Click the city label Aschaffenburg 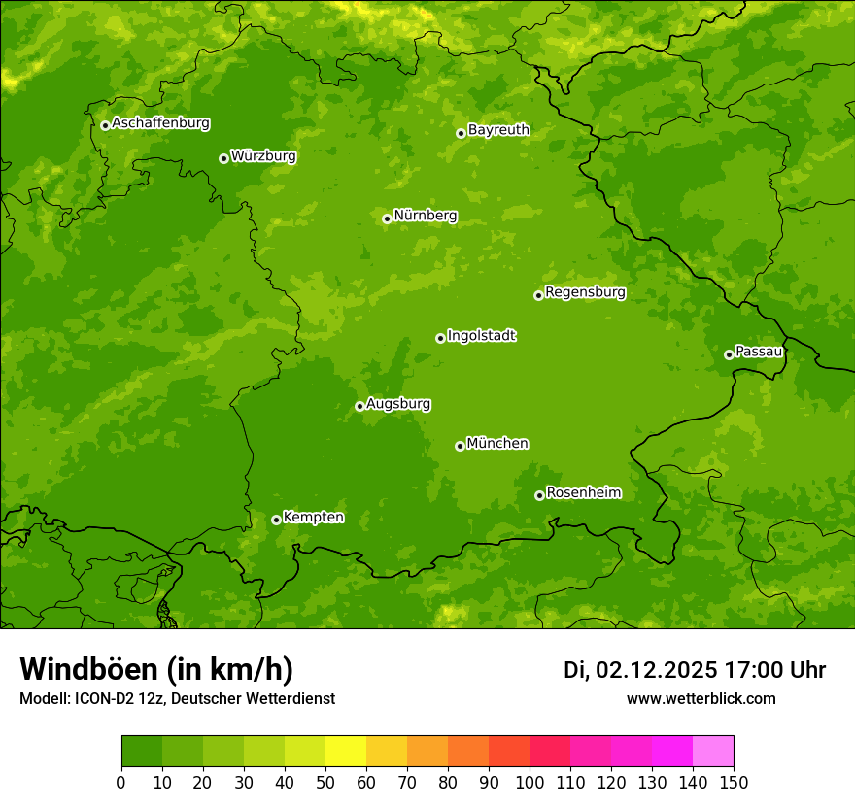[160, 123]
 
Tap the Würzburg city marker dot [223, 158]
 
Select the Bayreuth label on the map [498, 130]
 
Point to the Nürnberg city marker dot [387, 218]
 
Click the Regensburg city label [585, 292]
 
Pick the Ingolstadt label [481, 336]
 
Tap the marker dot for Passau [729, 354]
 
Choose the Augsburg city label [398, 404]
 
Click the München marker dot [460, 446]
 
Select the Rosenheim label [583, 493]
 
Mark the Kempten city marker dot [276, 520]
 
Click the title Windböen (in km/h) [156, 669]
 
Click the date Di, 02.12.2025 [640, 670]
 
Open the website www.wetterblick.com [701, 699]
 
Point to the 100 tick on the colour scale [530, 782]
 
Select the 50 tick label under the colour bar [325, 782]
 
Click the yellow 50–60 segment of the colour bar [346, 752]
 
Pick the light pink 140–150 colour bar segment [713, 752]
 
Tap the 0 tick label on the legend [121, 782]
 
